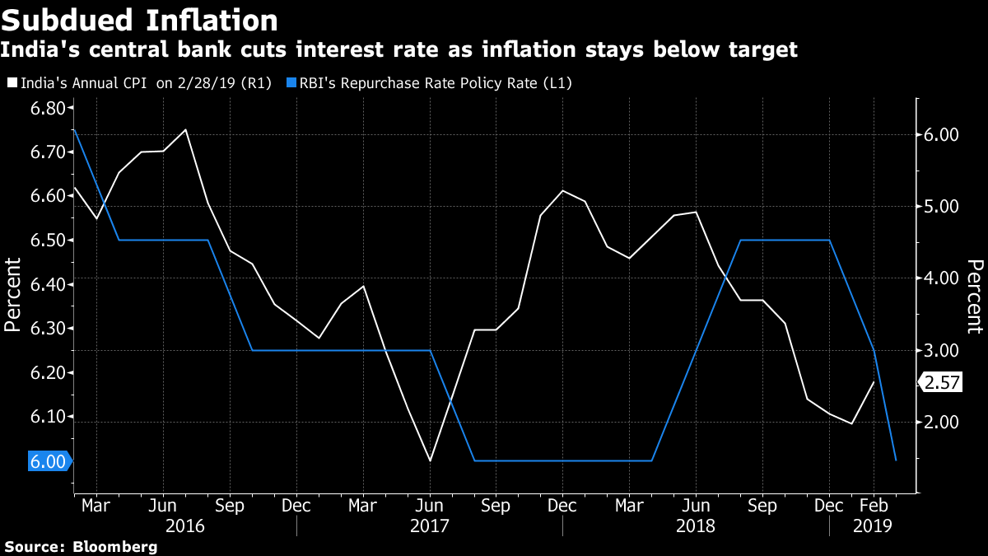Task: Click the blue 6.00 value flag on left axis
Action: (x=49, y=461)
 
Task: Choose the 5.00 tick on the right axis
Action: (x=942, y=206)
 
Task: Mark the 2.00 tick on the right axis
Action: (x=942, y=423)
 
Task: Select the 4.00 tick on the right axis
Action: (x=942, y=278)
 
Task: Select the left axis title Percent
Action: (x=13, y=294)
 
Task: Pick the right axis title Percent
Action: (x=974, y=296)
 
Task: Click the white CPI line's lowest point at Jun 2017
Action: (x=430, y=460)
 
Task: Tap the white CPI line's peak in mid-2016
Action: (x=185, y=129)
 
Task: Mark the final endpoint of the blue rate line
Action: (x=896, y=460)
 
